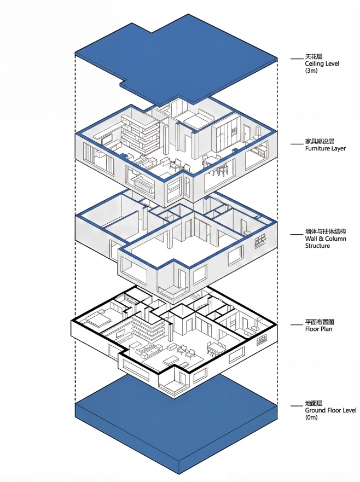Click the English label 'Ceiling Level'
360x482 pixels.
pyautogui.click(x=322, y=63)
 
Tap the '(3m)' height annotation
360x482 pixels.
pyautogui.click(x=312, y=71)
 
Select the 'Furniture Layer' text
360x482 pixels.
pyautogui.click(x=326, y=148)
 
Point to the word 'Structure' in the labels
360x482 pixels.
pyautogui.click(x=318, y=246)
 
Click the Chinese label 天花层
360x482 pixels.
pyautogui.click(x=313, y=56)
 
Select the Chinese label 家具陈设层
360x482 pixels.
pyautogui.click(x=319, y=141)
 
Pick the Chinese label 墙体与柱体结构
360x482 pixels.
pyautogui.click(x=326, y=231)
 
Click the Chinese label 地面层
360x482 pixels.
pyautogui.click(x=313, y=403)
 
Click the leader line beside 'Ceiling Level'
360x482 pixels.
pyautogui.click(x=296, y=57)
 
